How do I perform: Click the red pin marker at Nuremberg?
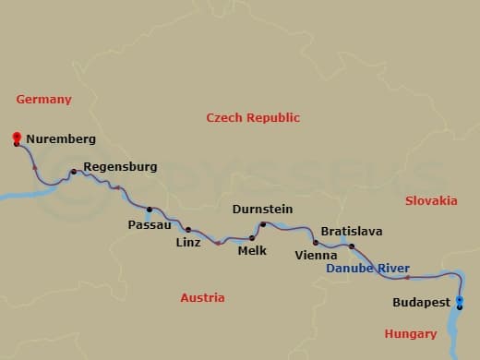click(17, 138)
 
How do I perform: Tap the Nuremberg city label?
click(61, 139)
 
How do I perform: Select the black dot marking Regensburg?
click(74, 172)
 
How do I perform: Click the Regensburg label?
click(120, 167)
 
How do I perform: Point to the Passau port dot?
click(150, 209)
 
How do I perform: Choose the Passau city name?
click(149, 224)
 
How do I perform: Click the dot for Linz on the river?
click(188, 230)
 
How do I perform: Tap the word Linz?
click(187, 244)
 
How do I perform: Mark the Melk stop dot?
click(252, 238)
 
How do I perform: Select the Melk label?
click(252, 251)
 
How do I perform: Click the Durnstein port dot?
click(262, 224)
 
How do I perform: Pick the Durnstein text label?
click(263, 210)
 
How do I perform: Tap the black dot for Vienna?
click(316, 243)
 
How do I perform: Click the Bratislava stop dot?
click(352, 246)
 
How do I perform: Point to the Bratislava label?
click(351, 232)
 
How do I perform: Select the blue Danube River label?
click(367, 269)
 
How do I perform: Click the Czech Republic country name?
click(253, 118)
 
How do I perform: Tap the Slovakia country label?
click(431, 200)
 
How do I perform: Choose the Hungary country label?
click(411, 334)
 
